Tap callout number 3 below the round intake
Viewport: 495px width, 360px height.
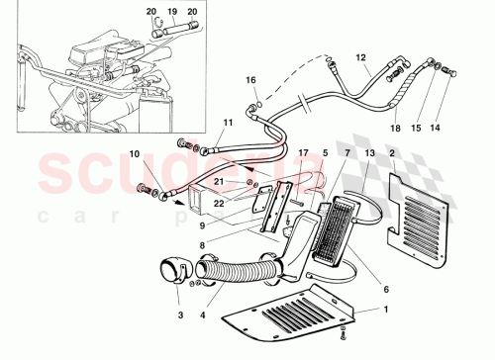pyautogui.click(x=180, y=316)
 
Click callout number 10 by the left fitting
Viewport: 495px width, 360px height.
pyautogui.click(x=135, y=155)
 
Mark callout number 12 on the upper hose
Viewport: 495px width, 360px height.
pyautogui.click(x=361, y=58)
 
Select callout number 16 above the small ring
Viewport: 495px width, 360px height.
pyautogui.click(x=250, y=80)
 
